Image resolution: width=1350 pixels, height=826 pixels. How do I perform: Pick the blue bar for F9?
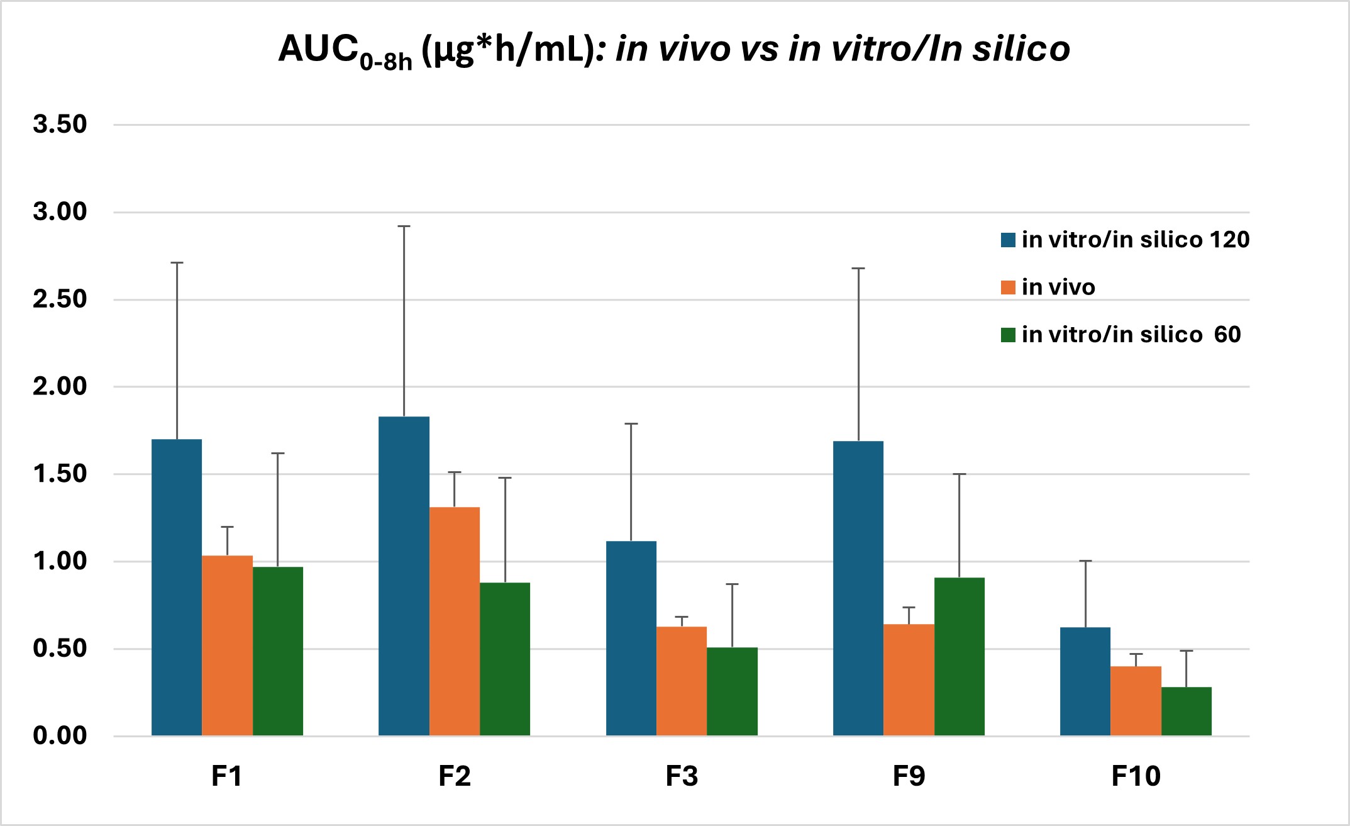click(x=858, y=588)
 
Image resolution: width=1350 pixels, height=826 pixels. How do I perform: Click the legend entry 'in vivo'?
click(x=1058, y=287)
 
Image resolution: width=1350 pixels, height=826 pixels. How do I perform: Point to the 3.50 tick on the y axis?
click(x=60, y=125)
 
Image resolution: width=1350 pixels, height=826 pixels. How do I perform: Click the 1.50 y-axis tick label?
click(x=60, y=474)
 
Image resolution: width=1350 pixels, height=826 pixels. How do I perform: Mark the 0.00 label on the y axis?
click(x=60, y=735)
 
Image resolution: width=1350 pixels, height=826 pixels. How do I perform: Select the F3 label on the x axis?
click(x=682, y=776)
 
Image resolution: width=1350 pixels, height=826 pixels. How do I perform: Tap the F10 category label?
click(x=1136, y=776)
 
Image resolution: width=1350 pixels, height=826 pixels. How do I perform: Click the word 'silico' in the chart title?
click(x=1021, y=48)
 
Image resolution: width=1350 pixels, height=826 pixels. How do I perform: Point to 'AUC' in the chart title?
click(x=318, y=48)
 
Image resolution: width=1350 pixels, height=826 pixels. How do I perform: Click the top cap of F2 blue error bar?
click(x=404, y=226)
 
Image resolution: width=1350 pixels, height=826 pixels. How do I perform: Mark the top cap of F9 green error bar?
click(x=959, y=474)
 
